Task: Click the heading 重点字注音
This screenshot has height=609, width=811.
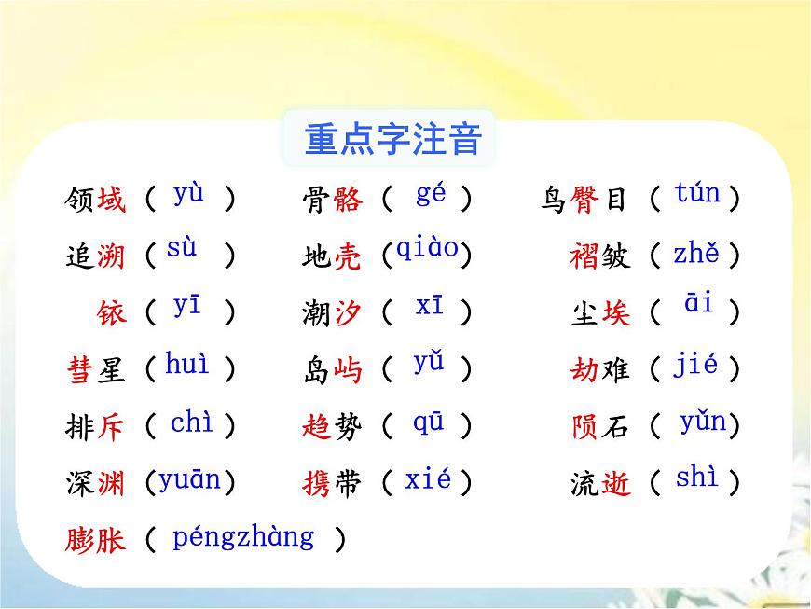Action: [x=392, y=140]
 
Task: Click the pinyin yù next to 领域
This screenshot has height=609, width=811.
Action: [x=188, y=194]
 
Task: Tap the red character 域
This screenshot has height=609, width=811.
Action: [x=110, y=199]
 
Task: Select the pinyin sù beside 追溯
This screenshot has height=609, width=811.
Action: [x=182, y=249]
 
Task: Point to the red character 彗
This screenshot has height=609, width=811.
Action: [x=81, y=370]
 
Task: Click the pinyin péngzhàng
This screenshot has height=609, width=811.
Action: [x=243, y=536]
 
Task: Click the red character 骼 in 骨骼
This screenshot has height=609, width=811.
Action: [x=347, y=199]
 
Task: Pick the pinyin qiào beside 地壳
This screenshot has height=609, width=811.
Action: [x=427, y=249]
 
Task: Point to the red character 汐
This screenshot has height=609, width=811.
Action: [x=347, y=313]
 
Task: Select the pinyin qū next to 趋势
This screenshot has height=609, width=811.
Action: [x=429, y=422]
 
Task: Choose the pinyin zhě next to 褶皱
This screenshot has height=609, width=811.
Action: [x=696, y=253]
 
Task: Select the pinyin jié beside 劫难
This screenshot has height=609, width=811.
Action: [x=695, y=365]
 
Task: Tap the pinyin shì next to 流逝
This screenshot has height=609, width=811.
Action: [x=696, y=478]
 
